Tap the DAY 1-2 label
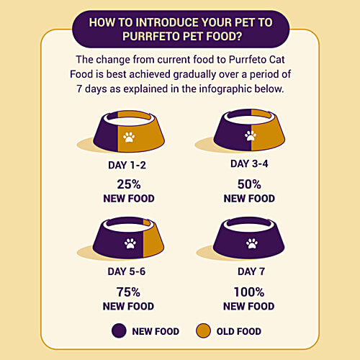click(127, 165)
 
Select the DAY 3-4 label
click(249, 163)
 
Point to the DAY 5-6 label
click(127, 271)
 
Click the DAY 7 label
click(251, 271)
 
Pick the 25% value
click(129, 184)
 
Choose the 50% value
click(249, 184)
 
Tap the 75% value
click(128, 292)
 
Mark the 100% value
click(249, 292)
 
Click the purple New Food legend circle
click(119, 330)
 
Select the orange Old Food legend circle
click(203, 330)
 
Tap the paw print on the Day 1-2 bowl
click(129, 138)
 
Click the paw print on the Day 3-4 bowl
click(251, 136)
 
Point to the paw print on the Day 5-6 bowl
click(130, 243)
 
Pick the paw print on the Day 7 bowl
click(252, 243)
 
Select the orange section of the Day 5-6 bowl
click(152, 243)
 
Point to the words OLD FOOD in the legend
click(239, 331)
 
